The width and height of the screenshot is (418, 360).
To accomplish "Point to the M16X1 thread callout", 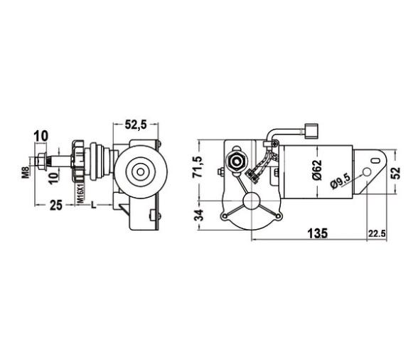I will (82, 190).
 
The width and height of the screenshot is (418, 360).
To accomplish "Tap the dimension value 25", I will (56, 206).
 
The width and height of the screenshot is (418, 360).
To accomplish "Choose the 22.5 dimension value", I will (377, 233).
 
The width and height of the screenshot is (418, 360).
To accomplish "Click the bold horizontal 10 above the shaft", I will (41, 135).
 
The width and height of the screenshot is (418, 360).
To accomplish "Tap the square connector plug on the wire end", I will (308, 131).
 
